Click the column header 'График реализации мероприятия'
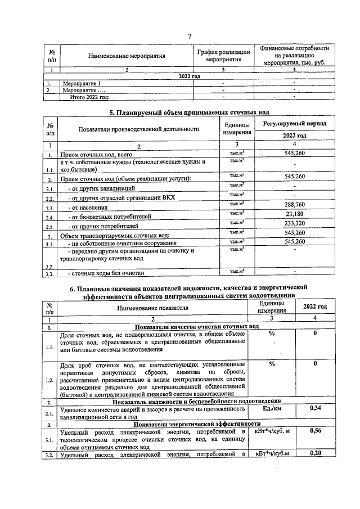click(223, 56)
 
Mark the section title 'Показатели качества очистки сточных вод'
click(195, 327)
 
